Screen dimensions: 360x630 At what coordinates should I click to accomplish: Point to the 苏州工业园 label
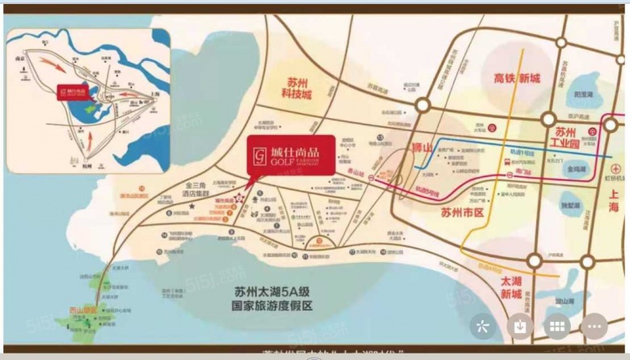576,138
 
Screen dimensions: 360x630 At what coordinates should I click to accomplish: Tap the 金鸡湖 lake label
577,170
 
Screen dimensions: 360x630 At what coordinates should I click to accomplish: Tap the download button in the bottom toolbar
518,327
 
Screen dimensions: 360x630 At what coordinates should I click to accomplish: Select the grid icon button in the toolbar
556,327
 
